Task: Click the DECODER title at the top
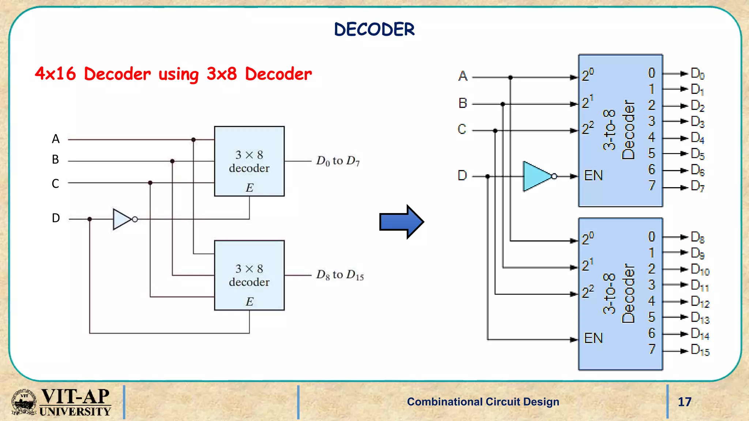(374, 29)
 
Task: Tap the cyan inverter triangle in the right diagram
(536, 176)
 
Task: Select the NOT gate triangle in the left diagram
(121, 219)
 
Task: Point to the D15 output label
(700, 350)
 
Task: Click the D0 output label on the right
(697, 73)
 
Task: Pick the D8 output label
(697, 237)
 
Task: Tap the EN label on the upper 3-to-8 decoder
(593, 176)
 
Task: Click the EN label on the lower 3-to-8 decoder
(593, 338)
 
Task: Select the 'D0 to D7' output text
(338, 161)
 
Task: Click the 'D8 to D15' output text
(340, 275)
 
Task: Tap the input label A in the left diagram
(56, 139)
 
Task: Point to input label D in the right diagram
(462, 176)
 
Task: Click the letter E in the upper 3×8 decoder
(249, 188)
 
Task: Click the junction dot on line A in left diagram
(193, 140)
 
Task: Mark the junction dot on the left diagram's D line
(90, 219)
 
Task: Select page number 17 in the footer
(684, 402)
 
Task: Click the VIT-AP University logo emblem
(24, 402)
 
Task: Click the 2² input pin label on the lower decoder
(588, 292)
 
